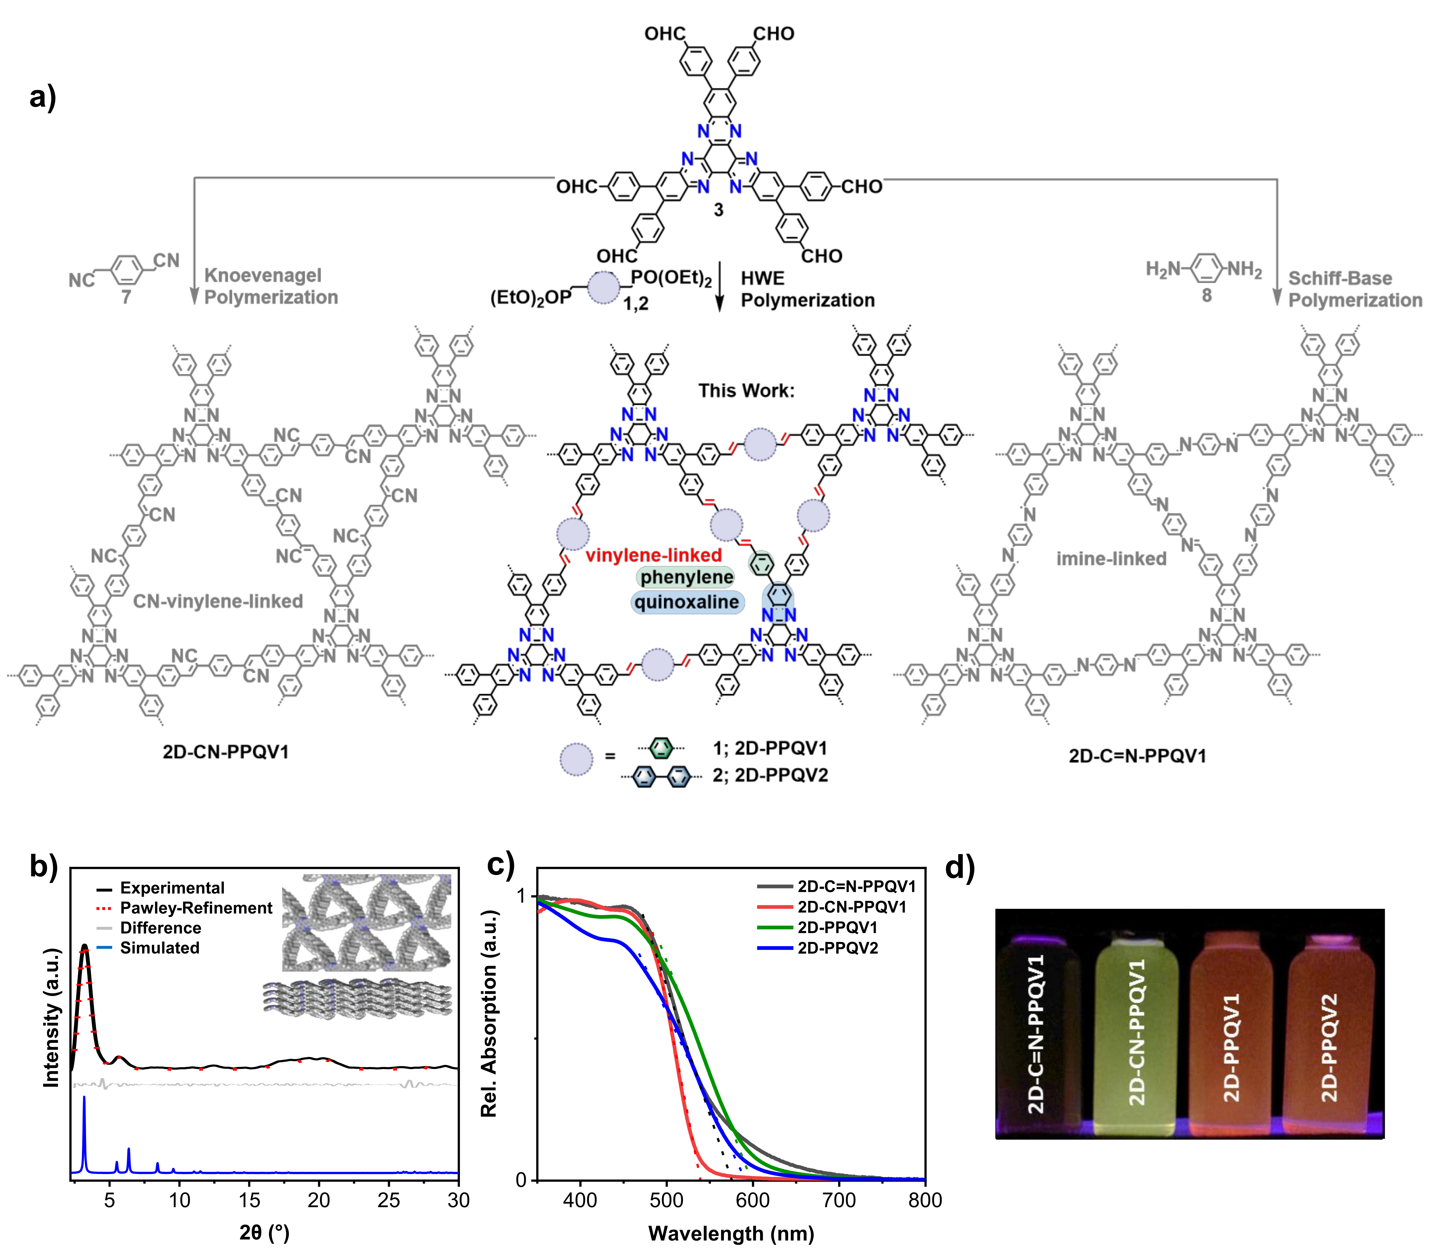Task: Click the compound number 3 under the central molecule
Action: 719,210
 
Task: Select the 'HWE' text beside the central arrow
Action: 763,279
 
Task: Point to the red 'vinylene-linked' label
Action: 654,555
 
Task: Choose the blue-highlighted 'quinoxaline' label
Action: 687,602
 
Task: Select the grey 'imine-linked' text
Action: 1111,559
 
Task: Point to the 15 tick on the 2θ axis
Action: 249,1200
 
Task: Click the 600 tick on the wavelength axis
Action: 753,1200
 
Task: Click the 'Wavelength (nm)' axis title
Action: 731,1233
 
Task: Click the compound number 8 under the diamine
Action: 1206,296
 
